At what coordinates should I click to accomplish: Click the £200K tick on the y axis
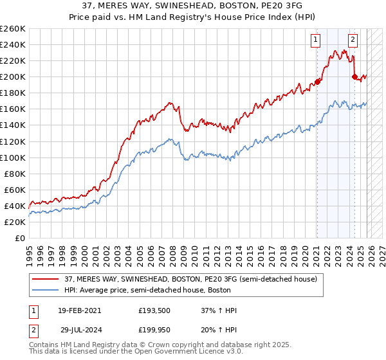(x=12, y=76)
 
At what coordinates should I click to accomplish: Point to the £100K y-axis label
(x=12, y=157)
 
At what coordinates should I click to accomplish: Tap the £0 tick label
(x=19, y=238)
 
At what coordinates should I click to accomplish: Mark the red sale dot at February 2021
(x=318, y=82)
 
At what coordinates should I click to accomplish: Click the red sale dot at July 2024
(x=354, y=76)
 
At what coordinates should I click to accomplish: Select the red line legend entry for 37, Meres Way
(x=190, y=279)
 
